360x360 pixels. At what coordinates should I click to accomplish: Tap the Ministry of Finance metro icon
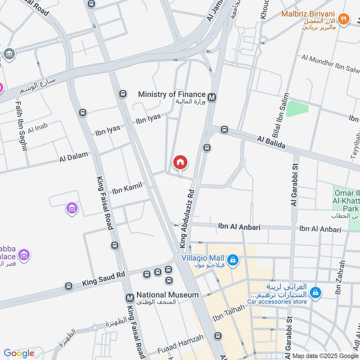pyautogui.click(x=212, y=96)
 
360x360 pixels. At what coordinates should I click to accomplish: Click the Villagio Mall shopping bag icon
pyautogui.click(x=233, y=260)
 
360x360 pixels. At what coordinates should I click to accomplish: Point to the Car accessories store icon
pyautogui.click(x=316, y=292)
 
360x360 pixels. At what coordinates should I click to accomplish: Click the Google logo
pyautogui.click(x=19, y=353)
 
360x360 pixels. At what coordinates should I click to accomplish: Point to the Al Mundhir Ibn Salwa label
pyautogui.click(x=331, y=62)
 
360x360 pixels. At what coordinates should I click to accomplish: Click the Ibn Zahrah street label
pyautogui.click(x=341, y=278)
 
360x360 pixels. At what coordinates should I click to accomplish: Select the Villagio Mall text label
pyautogui.click(x=202, y=258)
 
